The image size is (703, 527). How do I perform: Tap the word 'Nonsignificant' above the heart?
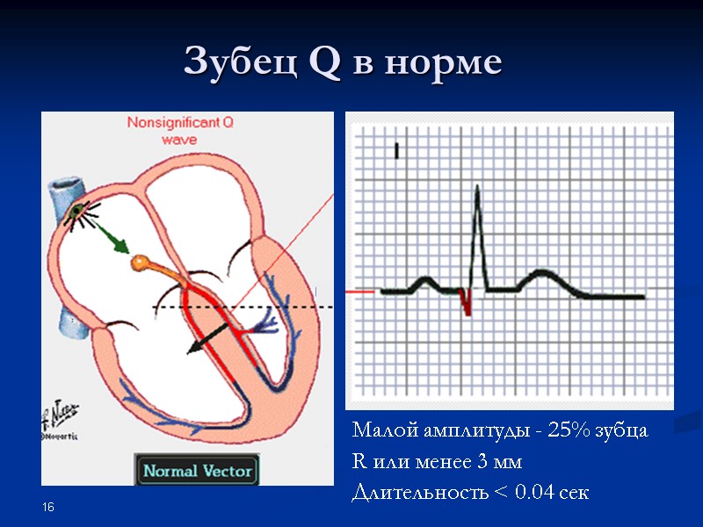[179, 124]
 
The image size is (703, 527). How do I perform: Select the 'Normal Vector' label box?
[197, 470]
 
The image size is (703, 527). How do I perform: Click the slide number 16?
[48, 508]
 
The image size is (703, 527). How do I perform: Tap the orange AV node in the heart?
[141, 262]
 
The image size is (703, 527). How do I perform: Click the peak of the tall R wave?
[475, 187]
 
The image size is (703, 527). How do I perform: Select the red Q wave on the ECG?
[467, 303]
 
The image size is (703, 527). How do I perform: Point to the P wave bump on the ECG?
[426, 283]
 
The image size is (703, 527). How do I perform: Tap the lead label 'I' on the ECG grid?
[397, 152]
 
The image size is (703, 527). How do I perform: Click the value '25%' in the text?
[569, 431]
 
